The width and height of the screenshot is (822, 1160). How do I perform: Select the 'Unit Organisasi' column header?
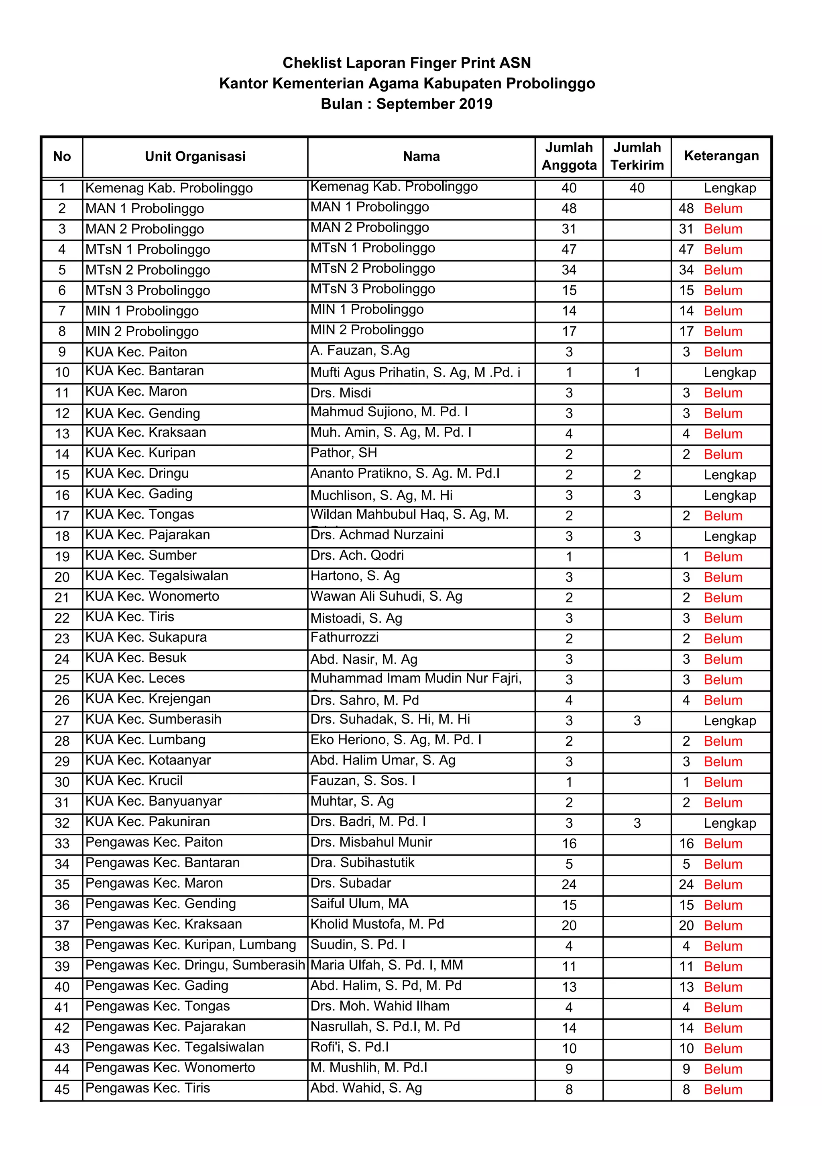[x=195, y=157]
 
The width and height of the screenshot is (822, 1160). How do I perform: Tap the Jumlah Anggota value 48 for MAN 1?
[x=568, y=209]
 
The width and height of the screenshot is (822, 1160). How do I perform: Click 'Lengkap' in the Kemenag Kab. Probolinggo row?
[x=729, y=188]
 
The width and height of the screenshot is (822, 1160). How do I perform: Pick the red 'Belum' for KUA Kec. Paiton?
[x=722, y=352]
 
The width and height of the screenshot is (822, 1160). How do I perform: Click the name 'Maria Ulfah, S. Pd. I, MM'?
[x=386, y=965]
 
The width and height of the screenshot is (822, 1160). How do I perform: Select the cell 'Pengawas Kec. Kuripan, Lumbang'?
[x=190, y=945]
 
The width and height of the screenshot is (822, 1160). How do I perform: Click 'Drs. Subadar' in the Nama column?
[x=351, y=884]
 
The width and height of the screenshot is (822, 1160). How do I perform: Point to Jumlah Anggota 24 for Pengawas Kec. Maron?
[x=568, y=885]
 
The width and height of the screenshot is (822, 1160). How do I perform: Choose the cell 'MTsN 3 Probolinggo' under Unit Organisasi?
[x=147, y=291]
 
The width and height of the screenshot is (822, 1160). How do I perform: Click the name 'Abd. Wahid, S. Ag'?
[x=366, y=1088]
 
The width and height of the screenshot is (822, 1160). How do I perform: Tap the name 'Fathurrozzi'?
[x=344, y=637]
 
